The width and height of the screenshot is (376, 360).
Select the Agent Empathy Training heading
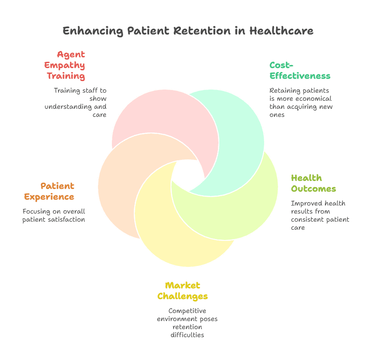(67, 65)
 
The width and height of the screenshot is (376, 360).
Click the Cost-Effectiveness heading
(299, 70)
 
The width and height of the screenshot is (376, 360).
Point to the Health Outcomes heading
(313, 183)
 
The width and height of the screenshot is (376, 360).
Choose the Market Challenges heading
(183, 291)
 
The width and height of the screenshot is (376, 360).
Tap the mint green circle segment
(237, 134)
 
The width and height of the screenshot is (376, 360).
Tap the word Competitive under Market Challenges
(187, 311)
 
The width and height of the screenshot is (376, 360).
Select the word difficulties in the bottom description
(187, 335)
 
